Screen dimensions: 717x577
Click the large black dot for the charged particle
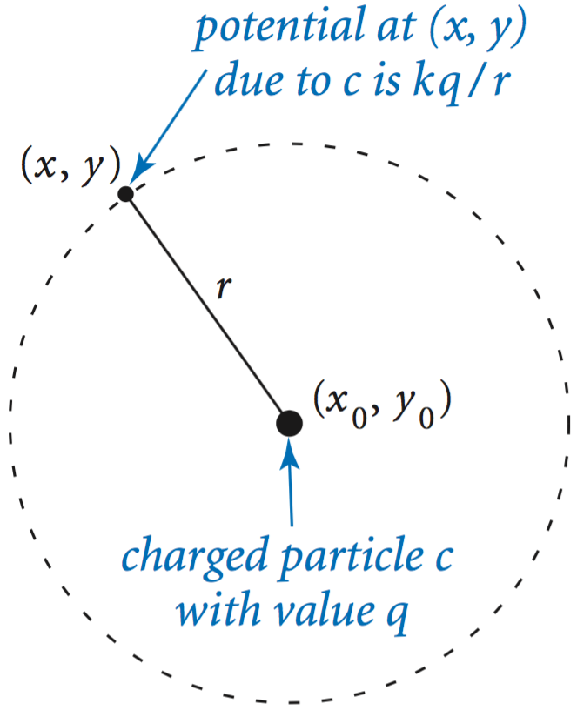(x=289, y=423)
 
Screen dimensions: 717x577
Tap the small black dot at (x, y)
(x=125, y=193)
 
